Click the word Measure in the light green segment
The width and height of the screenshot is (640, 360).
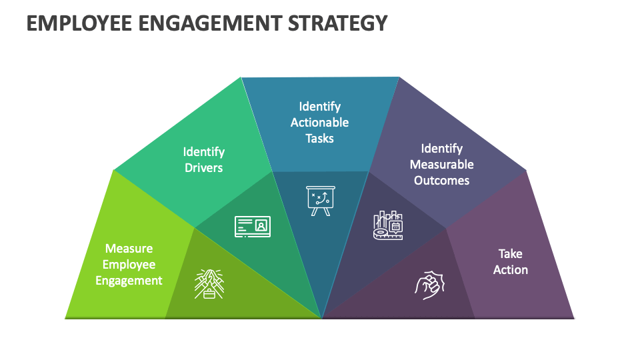[x=129, y=249]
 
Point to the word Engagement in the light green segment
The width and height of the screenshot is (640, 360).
[x=129, y=281]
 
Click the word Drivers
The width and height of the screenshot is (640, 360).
[x=203, y=168]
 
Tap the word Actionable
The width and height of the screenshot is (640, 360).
[x=319, y=123]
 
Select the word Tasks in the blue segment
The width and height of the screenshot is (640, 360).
[x=319, y=139]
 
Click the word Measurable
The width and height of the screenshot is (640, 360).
[x=441, y=165]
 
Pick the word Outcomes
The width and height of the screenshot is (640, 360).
[x=441, y=181]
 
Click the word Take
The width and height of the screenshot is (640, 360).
[x=511, y=254]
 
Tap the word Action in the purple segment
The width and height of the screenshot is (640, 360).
[x=511, y=270]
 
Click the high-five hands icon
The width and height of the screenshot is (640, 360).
[x=209, y=283]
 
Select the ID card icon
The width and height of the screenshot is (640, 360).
[x=253, y=226]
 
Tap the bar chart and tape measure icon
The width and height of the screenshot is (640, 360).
[x=388, y=225]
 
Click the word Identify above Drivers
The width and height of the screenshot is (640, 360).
[x=203, y=152]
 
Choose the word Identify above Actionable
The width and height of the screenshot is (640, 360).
[x=319, y=107]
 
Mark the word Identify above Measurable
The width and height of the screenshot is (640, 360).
[x=441, y=149]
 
